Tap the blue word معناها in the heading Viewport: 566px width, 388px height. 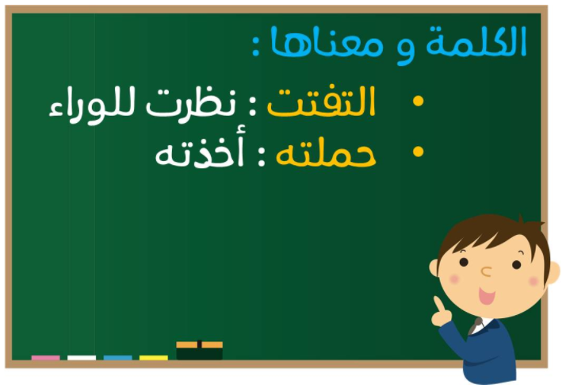pyautogui.click(x=327, y=42)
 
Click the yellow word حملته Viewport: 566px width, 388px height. pyautogui.click(x=326, y=154)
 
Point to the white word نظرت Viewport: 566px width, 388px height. pyautogui.click(x=191, y=102)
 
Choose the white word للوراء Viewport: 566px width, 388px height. pyautogui.click(x=92, y=106)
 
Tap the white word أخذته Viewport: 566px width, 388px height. pyautogui.click(x=199, y=150)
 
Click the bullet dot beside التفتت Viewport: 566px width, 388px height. pyautogui.click(x=418, y=101)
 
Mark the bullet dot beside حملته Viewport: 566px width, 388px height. pyautogui.click(x=418, y=152)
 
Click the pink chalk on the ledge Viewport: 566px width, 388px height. pyautogui.click(x=45, y=358)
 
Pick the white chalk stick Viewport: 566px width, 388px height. pyautogui.click(x=82, y=358)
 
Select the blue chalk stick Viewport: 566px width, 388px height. pyautogui.click(x=117, y=358)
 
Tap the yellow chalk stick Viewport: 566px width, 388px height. pyautogui.click(x=154, y=358)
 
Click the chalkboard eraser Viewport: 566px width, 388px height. pyautogui.click(x=199, y=350)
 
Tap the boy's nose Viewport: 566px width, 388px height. pyautogui.click(x=486, y=271)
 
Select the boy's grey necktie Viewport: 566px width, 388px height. pyautogui.click(x=475, y=326)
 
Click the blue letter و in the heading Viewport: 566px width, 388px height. pyautogui.click(x=405, y=50)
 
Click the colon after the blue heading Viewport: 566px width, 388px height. pyautogui.click(x=255, y=46)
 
